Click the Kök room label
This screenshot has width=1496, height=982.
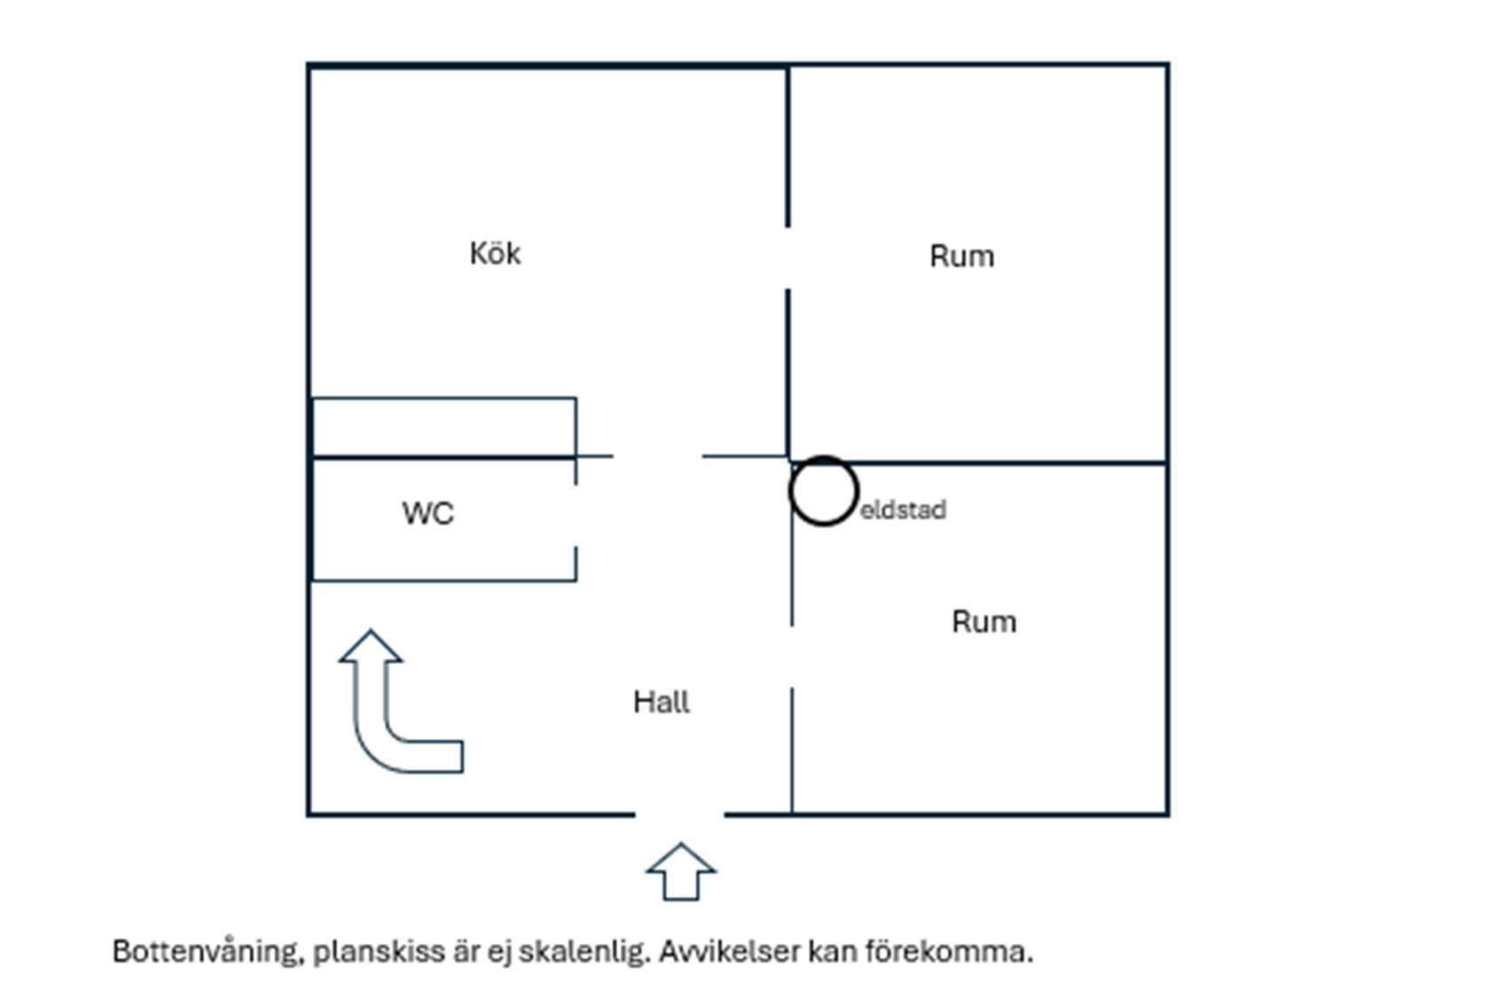[x=495, y=253]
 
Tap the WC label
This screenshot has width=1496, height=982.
[x=428, y=513]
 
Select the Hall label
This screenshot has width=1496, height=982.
[x=662, y=702]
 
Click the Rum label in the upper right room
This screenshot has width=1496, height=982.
[x=961, y=256]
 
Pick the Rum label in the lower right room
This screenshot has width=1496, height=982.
[x=983, y=622]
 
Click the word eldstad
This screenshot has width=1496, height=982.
[x=903, y=510]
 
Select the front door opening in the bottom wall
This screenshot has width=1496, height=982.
[x=679, y=814]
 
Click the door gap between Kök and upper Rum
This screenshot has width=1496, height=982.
[x=788, y=258]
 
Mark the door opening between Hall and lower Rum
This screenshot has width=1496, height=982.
[x=792, y=657]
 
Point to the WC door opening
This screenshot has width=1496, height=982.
[x=576, y=515]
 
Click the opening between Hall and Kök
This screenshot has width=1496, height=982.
[x=657, y=456]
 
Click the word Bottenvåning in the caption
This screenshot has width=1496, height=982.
[x=204, y=952]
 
